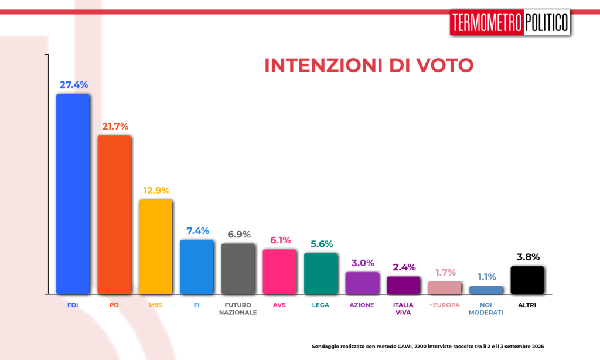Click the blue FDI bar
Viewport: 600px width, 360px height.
(x=73, y=194)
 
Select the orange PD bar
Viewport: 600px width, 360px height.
(x=114, y=215)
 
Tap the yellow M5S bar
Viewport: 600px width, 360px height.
(x=155, y=247)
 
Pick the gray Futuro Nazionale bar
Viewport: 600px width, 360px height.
(x=238, y=269)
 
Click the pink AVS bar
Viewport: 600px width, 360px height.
(x=279, y=271)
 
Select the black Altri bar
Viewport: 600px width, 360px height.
(x=527, y=280)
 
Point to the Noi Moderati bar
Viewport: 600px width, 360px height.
(x=486, y=290)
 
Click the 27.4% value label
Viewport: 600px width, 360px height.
(x=74, y=84)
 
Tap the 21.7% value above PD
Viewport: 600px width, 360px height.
(x=115, y=127)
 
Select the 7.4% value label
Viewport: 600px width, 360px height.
(x=198, y=230)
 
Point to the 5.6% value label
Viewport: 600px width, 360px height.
(x=322, y=244)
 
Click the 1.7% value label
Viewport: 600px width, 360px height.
(x=445, y=272)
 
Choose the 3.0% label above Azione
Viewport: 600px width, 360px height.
(x=363, y=263)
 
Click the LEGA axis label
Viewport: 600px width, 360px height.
(x=321, y=305)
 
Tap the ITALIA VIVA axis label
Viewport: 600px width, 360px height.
(x=403, y=308)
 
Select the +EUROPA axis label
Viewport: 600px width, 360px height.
(x=445, y=305)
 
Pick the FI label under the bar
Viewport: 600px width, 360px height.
(x=197, y=305)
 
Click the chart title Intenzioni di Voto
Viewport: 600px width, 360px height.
(x=369, y=65)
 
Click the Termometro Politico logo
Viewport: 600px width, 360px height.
(x=510, y=22)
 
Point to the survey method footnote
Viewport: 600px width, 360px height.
(x=428, y=346)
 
